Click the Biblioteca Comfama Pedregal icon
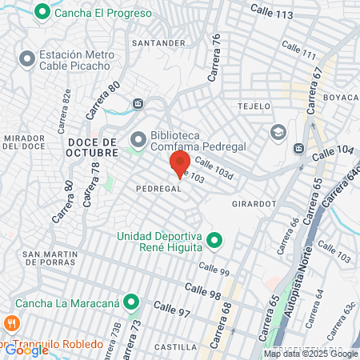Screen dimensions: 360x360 click(x=138, y=140)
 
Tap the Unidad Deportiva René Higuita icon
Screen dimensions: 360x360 click(x=214, y=239)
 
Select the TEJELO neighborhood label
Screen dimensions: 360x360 click(x=255, y=106)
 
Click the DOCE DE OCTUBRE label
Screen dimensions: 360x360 click(x=110, y=147)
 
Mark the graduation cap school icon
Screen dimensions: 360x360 click(x=278, y=131)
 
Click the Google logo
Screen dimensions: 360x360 click(x=26, y=350)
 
